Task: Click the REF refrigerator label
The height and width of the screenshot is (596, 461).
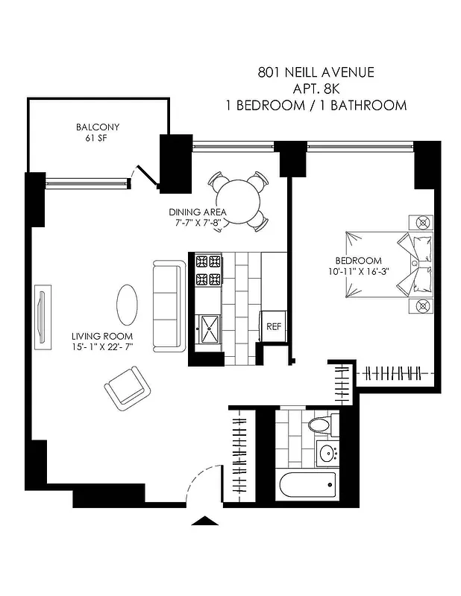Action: click(274, 326)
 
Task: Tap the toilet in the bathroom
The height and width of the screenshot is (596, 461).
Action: click(319, 427)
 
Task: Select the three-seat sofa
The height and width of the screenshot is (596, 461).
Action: click(168, 305)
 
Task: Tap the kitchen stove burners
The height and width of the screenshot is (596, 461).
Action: click(209, 271)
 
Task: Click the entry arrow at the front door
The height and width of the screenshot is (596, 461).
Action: click(204, 521)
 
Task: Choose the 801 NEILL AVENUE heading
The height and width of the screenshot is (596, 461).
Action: click(316, 73)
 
